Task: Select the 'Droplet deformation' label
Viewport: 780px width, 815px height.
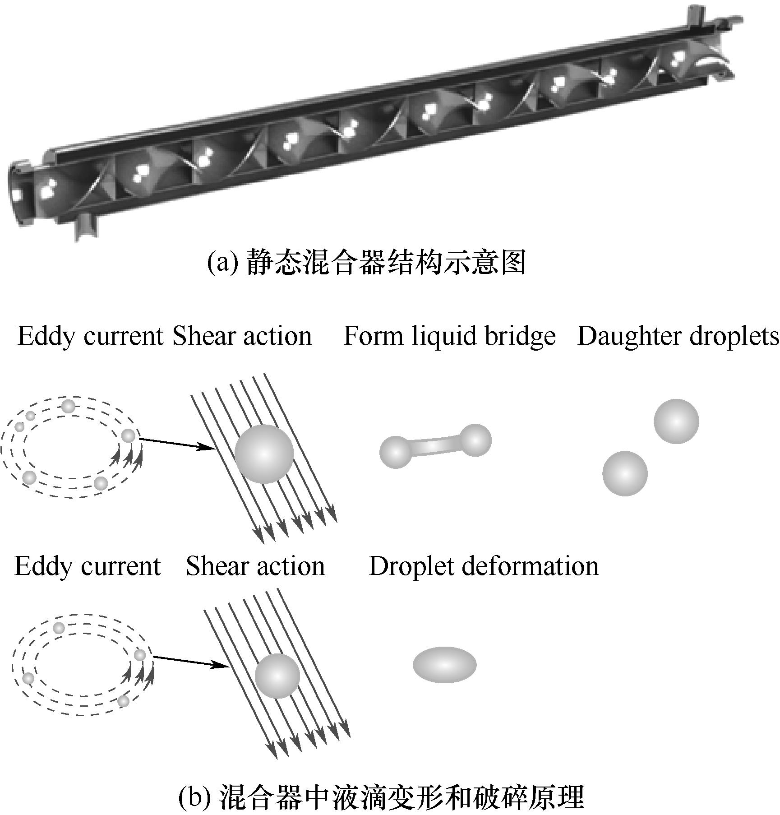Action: coord(484,566)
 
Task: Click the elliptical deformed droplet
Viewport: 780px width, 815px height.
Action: coord(444,665)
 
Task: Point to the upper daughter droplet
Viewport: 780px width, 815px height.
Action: coord(676,421)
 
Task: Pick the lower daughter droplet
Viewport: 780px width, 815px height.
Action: coord(625,473)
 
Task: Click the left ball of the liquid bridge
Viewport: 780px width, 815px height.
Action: coord(396,452)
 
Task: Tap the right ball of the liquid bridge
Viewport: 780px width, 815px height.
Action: coord(475,440)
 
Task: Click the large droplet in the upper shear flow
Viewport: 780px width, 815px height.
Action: coord(264,454)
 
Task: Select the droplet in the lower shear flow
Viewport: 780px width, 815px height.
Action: coord(277,676)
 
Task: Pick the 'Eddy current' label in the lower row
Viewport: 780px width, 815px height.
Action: coord(88,566)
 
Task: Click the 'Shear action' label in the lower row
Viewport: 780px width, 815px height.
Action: coord(255,566)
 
